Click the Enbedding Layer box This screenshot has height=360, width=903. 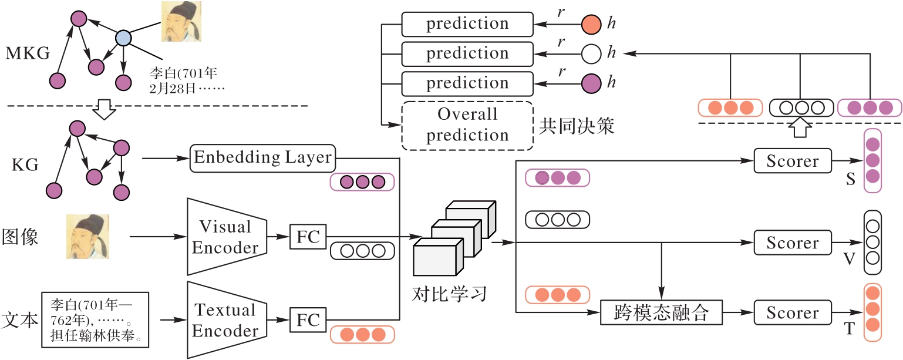[262, 158]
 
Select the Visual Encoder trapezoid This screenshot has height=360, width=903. [226, 237]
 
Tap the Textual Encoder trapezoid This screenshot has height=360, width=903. [226, 320]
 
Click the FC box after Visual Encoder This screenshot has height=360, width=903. [308, 237]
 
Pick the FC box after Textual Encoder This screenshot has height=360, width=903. [308, 320]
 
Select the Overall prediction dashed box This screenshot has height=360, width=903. [467, 125]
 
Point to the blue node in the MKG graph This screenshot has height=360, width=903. [123, 39]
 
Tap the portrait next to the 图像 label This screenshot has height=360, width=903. [87, 237]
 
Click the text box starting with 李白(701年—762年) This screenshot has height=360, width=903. [94, 321]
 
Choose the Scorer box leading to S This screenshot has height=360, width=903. [793, 160]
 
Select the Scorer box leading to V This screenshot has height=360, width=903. [793, 242]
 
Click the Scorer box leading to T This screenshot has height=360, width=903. [793, 312]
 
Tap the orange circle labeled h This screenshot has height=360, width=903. [591, 24]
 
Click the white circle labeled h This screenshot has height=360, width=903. [591, 53]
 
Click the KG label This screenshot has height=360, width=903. [25, 165]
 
